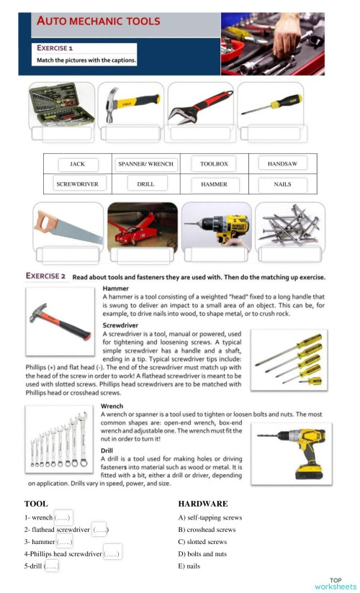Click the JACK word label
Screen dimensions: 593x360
[77, 164]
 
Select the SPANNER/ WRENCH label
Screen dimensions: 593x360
[145, 164]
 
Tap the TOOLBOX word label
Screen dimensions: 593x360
[214, 164]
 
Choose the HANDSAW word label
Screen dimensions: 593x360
[282, 164]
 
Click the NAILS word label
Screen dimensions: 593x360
[282, 184]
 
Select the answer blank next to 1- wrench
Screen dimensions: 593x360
[64, 517]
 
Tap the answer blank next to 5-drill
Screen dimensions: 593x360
[51, 566]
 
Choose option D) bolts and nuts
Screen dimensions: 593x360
[202, 554]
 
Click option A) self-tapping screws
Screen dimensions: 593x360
[210, 517]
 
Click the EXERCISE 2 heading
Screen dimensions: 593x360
[46, 276]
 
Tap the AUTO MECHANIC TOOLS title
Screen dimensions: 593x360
[99, 21]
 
